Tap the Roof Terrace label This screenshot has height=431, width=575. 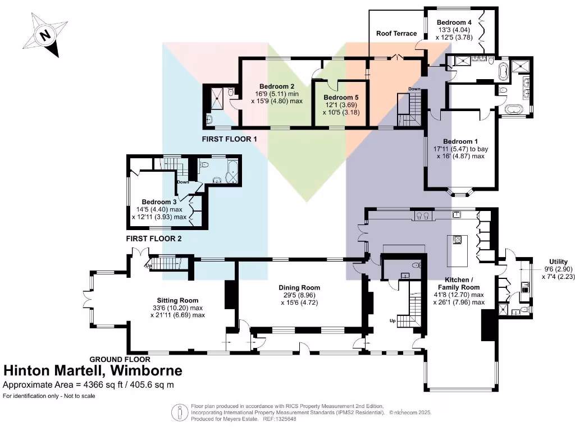396,33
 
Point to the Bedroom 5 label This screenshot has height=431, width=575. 340,97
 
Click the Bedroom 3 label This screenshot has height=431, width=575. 159,202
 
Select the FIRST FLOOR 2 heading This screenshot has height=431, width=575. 154,239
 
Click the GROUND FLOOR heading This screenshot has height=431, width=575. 120,359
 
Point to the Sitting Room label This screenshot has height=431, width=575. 177,300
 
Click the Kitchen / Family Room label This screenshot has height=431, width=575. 463,283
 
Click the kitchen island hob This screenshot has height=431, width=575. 457,241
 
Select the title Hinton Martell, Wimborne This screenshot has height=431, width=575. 93,370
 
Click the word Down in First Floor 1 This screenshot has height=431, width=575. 414,89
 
